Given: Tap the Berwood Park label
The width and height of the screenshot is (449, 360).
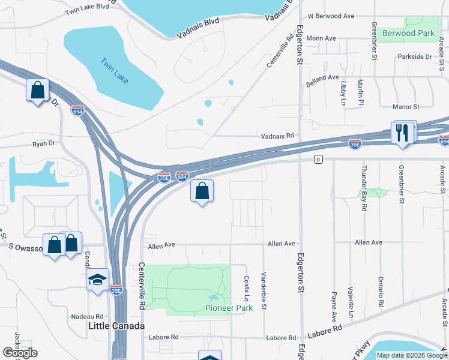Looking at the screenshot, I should (x=408, y=34).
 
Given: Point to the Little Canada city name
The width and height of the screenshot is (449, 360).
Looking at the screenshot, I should (x=116, y=326).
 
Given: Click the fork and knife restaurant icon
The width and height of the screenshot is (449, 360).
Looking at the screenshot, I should (x=402, y=133).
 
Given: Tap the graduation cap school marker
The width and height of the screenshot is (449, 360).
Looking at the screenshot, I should (x=97, y=280).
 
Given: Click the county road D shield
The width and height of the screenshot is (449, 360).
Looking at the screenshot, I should (x=319, y=159).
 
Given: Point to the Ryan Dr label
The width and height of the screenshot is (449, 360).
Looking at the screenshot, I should (x=43, y=144).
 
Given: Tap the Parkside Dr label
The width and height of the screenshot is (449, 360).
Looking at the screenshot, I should (x=414, y=57).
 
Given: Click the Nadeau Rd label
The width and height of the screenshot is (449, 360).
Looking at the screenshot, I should (x=87, y=316).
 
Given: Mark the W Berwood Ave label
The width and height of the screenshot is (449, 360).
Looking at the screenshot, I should (x=331, y=16).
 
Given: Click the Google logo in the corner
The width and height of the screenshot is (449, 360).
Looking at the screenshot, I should (x=19, y=353).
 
